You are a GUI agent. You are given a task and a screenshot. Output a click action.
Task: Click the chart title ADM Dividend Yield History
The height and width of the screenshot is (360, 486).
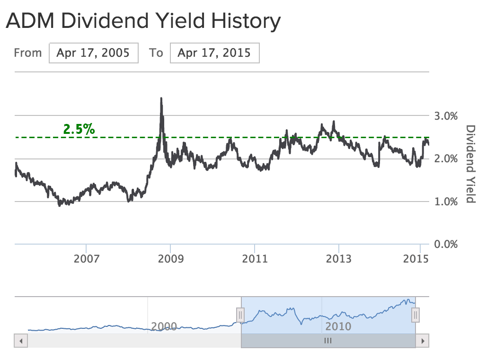[143, 21]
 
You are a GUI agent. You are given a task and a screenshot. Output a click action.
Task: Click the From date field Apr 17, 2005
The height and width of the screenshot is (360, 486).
[93, 53]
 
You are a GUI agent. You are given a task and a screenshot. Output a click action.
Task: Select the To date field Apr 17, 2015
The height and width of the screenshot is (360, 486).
[214, 53]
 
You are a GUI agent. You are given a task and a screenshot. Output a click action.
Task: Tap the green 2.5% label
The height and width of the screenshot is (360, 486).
[79, 129]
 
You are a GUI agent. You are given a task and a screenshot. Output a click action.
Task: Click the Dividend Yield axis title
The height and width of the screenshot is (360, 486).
[470, 164]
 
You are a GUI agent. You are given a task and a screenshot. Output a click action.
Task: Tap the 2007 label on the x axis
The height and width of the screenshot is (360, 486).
[87, 259]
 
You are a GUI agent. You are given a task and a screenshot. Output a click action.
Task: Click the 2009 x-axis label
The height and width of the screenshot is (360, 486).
[170, 259]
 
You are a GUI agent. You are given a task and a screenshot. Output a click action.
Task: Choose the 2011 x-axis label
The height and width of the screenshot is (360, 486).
[255, 259]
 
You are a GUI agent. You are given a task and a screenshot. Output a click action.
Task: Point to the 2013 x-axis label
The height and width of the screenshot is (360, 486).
[339, 259]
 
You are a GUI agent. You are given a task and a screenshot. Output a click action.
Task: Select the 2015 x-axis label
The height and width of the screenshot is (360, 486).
[416, 259]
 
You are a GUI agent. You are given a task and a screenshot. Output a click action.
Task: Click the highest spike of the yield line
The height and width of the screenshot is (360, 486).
[161, 98]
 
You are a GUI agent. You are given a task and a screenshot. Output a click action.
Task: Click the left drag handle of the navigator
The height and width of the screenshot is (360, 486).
[240, 315]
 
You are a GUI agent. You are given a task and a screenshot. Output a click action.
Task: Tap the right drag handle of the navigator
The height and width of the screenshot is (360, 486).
[415, 315]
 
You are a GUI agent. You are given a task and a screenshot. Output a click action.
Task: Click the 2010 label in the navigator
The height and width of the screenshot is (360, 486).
[338, 326]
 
